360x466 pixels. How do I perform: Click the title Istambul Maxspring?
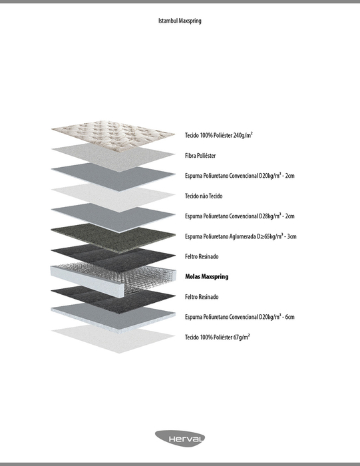(x=180, y=21)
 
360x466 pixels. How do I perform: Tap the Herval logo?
(x=180, y=439)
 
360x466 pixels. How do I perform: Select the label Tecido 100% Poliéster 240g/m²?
(x=219, y=135)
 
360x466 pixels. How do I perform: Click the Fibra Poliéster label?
(x=200, y=155)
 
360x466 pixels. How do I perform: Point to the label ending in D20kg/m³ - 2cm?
(x=240, y=175)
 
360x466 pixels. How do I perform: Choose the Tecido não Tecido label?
(x=204, y=196)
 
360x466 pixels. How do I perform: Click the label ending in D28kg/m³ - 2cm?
(x=240, y=216)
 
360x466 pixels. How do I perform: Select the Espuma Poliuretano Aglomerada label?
(x=241, y=236)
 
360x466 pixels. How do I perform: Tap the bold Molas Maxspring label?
(x=207, y=277)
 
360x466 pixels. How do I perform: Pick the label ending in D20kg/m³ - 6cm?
(x=240, y=317)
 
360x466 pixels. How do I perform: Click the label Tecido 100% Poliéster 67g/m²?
(x=218, y=337)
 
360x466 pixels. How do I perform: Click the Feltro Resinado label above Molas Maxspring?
(x=202, y=256)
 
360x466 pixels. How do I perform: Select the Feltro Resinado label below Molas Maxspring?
(x=202, y=297)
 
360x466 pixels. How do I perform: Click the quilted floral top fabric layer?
(x=113, y=133)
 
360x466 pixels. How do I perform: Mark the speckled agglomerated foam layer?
(x=113, y=238)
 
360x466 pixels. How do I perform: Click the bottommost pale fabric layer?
(x=113, y=339)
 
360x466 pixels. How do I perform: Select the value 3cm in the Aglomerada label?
(x=291, y=236)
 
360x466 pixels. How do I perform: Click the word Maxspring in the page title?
(x=190, y=21)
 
